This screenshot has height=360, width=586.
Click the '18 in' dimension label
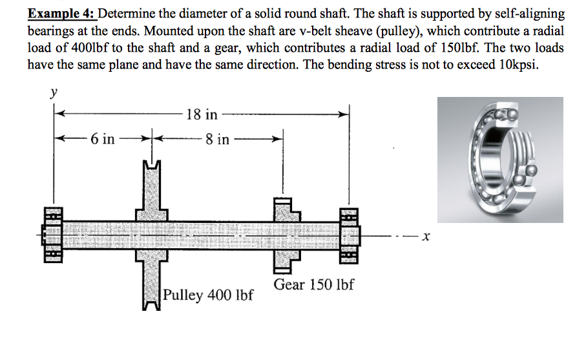click(x=201, y=115)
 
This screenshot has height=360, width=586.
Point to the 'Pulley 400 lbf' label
click(x=207, y=295)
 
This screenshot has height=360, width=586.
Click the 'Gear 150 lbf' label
click(x=313, y=285)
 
